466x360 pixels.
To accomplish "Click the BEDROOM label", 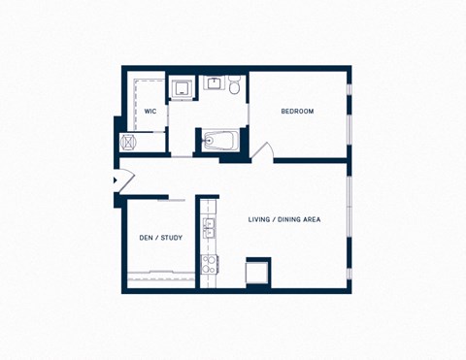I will click(297, 112).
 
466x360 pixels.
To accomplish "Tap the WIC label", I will click(150, 112).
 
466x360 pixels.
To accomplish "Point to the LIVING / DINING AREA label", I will click(284, 220).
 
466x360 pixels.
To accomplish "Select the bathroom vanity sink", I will click(214, 83).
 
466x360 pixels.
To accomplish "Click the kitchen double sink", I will click(209, 228).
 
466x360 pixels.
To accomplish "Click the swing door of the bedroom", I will click(262, 151).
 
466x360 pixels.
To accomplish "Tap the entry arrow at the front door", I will click(116, 180).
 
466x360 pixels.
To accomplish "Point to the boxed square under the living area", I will click(257, 272).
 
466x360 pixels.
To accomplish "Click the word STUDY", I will click(171, 238).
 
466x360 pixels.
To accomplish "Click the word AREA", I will click(311, 220).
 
